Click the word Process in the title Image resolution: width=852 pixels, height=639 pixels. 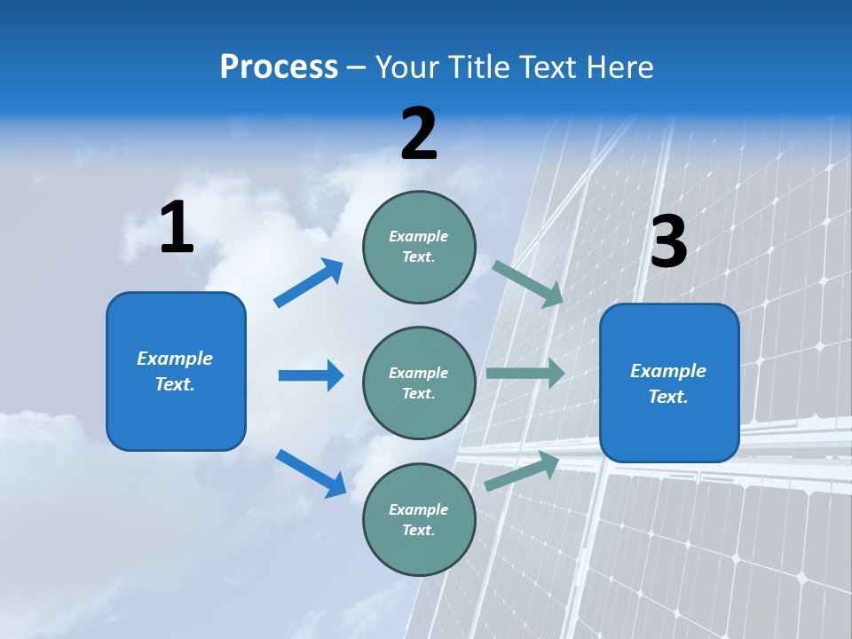279,67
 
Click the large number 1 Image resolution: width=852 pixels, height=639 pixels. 177,228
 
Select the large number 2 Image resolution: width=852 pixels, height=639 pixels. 419,134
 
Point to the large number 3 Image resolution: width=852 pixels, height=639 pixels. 668,242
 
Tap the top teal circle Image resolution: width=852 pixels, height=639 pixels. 419,247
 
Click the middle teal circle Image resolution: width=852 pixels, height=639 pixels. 419,383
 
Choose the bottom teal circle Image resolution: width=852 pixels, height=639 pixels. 419,520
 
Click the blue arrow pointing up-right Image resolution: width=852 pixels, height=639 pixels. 309,283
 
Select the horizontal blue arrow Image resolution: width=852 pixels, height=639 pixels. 311,375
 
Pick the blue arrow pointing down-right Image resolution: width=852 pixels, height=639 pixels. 311,472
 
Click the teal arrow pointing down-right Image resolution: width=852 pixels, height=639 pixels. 528,283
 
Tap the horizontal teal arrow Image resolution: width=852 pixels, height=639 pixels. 525,374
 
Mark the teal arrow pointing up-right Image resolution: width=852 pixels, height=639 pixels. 522,470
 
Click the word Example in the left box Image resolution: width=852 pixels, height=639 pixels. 175,359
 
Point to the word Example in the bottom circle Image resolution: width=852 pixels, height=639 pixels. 418,509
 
